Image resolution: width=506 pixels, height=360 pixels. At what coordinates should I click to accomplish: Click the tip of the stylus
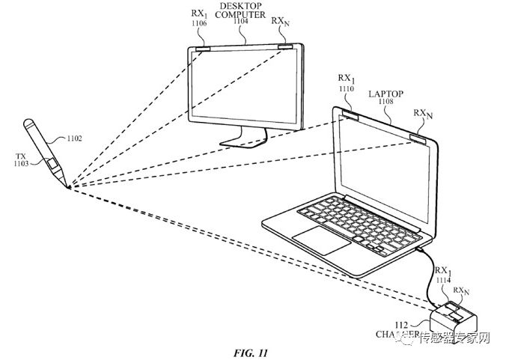click(68, 186)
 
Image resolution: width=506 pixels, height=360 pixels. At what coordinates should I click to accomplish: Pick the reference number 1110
click(345, 88)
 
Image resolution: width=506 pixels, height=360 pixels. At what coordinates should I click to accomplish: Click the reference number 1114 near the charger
click(443, 281)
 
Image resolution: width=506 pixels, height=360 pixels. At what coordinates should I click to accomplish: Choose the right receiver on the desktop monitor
click(285, 47)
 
